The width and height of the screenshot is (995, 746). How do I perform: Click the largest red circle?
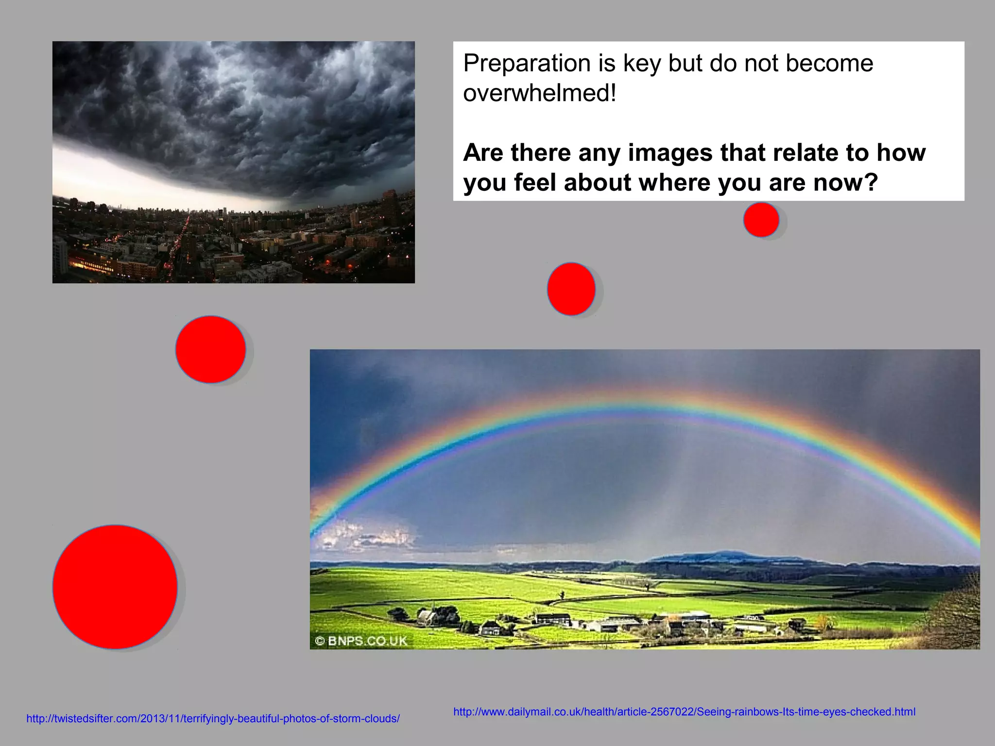coord(115,587)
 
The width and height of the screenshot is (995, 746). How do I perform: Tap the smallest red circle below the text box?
coord(761,220)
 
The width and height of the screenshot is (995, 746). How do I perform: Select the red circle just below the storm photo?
coord(210,349)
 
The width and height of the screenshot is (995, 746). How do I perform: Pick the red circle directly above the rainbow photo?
coord(571,289)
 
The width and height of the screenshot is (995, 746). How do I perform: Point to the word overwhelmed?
coord(539,93)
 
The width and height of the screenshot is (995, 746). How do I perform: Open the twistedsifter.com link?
coord(213,719)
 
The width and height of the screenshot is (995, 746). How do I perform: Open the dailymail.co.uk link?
coord(684,712)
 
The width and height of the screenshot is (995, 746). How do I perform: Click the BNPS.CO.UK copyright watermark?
coord(361,641)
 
